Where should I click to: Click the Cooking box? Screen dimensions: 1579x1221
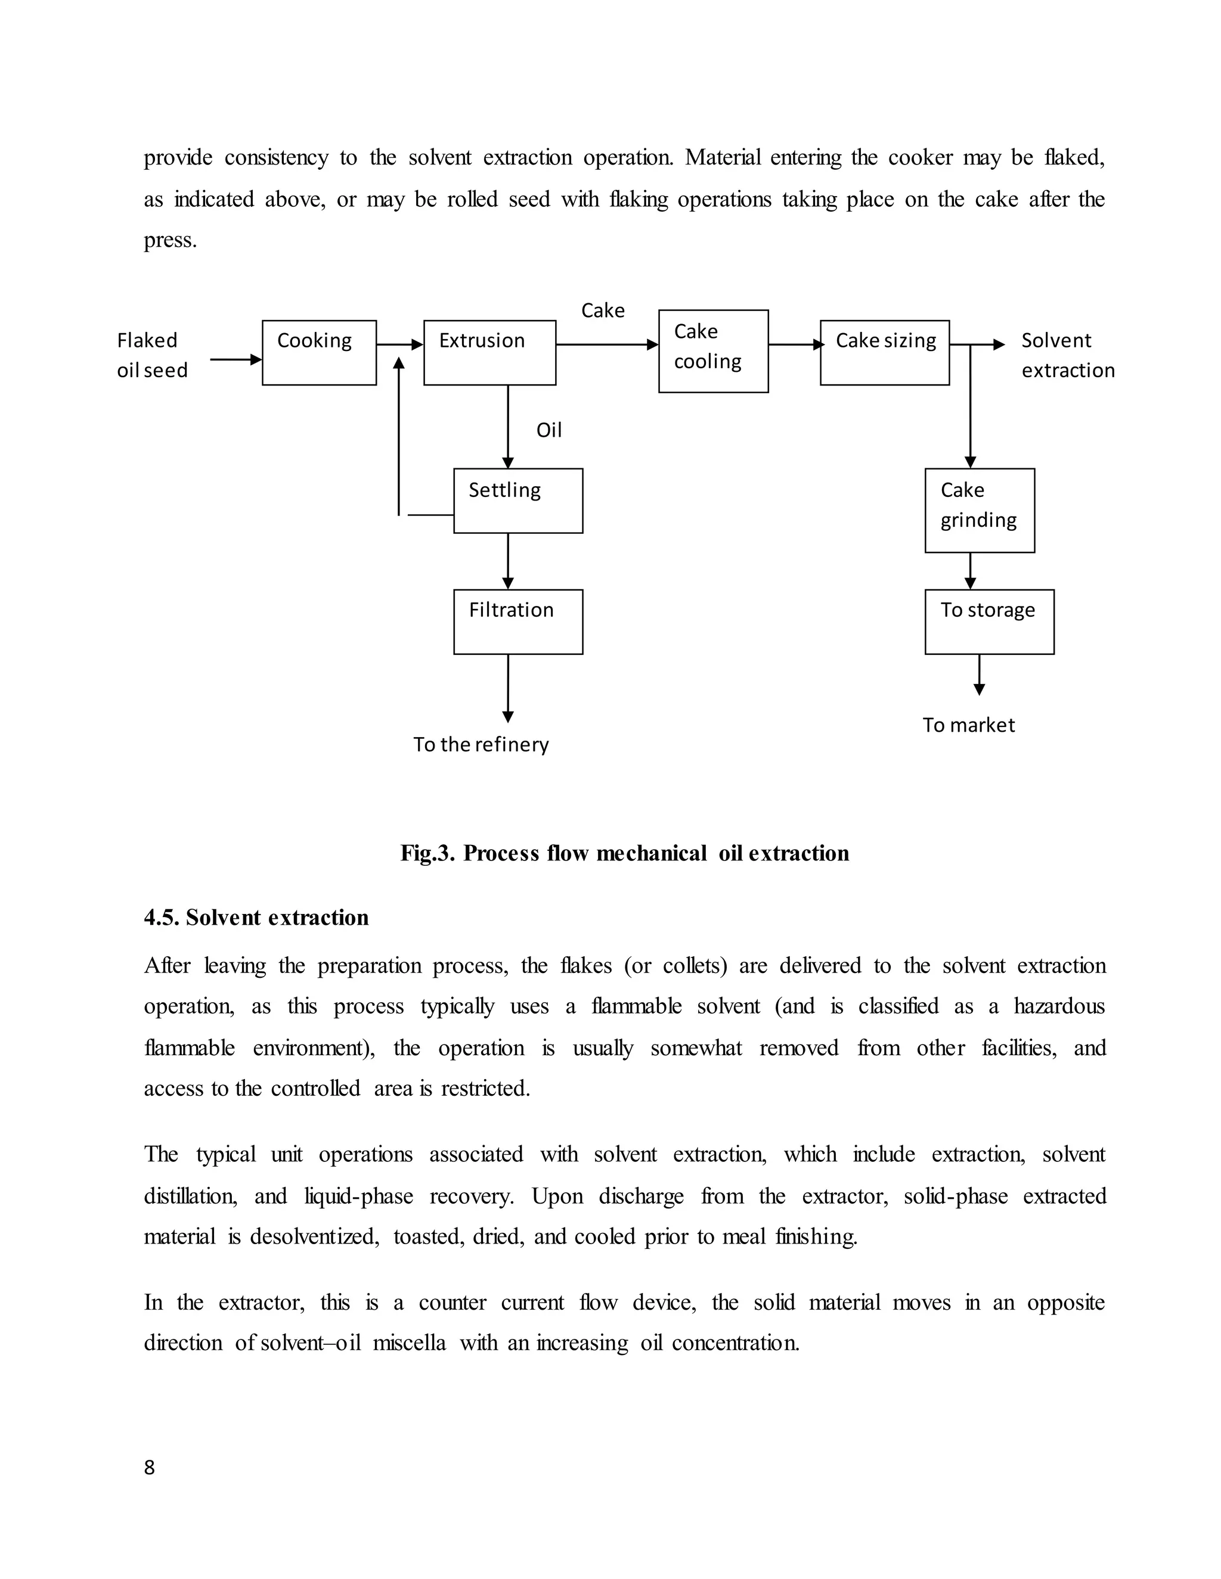click(x=319, y=353)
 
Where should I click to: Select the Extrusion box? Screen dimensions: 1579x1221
click(x=489, y=353)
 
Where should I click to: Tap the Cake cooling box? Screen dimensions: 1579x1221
click(x=713, y=352)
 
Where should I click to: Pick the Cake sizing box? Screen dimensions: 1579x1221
click(x=885, y=353)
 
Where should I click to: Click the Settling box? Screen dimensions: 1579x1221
click(x=518, y=501)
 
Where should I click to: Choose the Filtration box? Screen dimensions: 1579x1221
click(x=518, y=621)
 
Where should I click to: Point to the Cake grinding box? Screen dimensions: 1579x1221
click(x=980, y=511)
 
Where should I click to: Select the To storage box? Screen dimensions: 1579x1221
click(x=989, y=621)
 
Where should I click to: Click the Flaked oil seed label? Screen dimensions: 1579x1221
click(x=152, y=355)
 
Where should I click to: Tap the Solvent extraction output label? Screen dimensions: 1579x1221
click(x=1067, y=355)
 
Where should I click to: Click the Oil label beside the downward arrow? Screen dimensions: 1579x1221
click(x=548, y=431)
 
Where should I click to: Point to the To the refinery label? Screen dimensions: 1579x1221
click(x=481, y=745)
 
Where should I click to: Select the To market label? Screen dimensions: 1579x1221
click(x=969, y=725)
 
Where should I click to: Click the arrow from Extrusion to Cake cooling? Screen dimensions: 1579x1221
click(x=606, y=345)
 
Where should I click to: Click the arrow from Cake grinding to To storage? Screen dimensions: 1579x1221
click(x=970, y=571)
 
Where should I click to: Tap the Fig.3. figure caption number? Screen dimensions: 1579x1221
click(x=427, y=854)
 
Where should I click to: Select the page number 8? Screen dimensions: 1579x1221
click(x=149, y=1468)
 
